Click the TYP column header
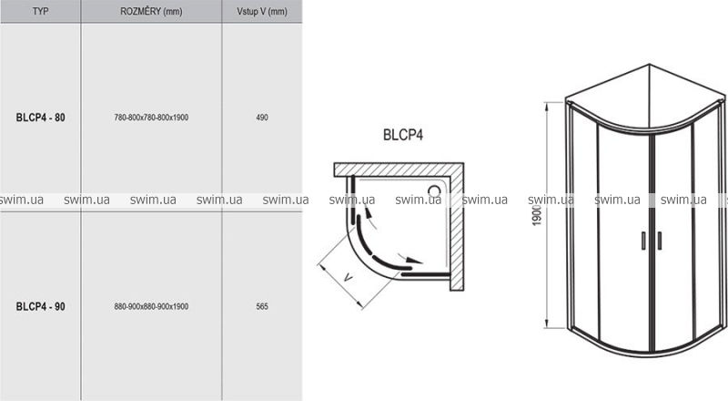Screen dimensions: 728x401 [40, 11]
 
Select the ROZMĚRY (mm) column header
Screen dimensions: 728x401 [151, 11]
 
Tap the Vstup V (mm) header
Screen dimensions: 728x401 [262, 11]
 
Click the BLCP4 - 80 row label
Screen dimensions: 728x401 [40, 118]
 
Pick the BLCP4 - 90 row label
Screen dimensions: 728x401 [40, 306]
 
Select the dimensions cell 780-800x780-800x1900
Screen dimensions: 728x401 [151, 118]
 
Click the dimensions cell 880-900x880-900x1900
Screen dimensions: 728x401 [151, 306]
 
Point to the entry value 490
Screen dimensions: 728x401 [262, 118]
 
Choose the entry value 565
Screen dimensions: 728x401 [262, 306]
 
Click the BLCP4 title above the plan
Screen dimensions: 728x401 [403, 135]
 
